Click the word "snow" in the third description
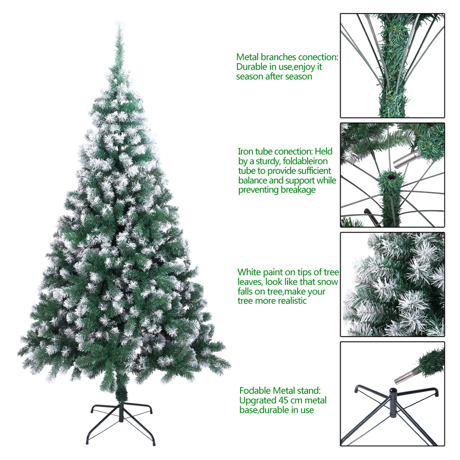328,282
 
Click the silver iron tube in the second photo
405,158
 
